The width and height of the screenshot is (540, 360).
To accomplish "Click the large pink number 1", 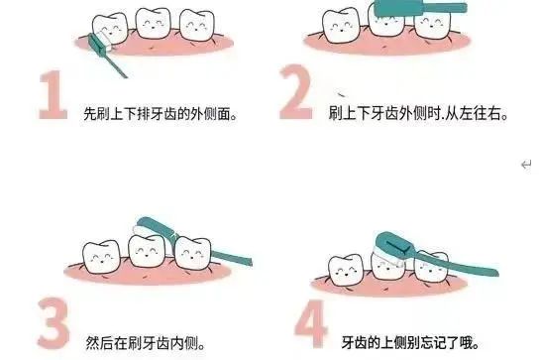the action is pyautogui.click(x=53, y=95).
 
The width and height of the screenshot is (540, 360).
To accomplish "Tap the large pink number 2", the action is pyautogui.click(x=296, y=92).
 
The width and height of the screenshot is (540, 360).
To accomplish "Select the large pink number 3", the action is pyautogui.click(x=54, y=323).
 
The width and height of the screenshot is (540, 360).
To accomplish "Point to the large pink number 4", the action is pyautogui.click(x=310, y=323).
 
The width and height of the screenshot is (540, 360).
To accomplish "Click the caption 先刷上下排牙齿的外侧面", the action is pyautogui.click(x=161, y=113).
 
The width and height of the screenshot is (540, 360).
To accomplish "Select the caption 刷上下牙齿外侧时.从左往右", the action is pyautogui.click(x=418, y=113).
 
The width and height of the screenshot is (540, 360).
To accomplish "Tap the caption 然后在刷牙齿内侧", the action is pyautogui.click(x=146, y=343).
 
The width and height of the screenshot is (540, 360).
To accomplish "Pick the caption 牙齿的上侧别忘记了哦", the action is pyautogui.click(x=410, y=342).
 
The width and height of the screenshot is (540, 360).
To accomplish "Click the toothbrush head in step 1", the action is pyautogui.click(x=100, y=43).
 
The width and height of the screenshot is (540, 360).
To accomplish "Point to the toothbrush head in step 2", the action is pyautogui.click(x=398, y=8).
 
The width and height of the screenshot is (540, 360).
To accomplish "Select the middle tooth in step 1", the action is pyautogui.click(x=154, y=23).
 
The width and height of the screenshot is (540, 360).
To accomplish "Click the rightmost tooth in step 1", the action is pyautogui.click(x=197, y=26).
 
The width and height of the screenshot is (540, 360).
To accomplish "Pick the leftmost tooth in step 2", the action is pyautogui.click(x=340, y=27).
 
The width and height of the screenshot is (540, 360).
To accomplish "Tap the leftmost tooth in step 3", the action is pyautogui.click(x=101, y=257).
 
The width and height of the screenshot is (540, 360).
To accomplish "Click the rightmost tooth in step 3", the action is pyautogui.click(x=193, y=254).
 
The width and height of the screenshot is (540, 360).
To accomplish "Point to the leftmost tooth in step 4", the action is pyautogui.click(x=346, y=271).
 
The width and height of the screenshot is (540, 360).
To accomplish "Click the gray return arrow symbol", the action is pyautogui.click(x=526, y=165).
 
